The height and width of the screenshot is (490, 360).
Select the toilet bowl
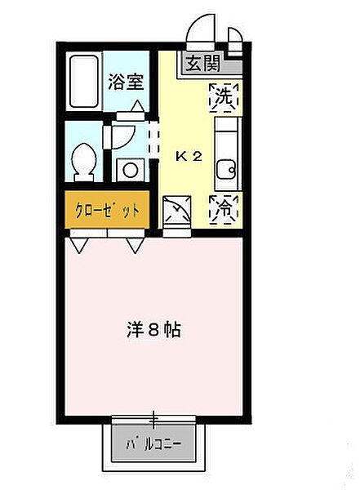coord(83,161)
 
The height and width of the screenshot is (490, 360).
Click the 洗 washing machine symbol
coord(225,97)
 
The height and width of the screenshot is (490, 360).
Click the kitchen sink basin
coord(226,169)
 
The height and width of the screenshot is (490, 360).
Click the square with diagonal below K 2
coord(176,211)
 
